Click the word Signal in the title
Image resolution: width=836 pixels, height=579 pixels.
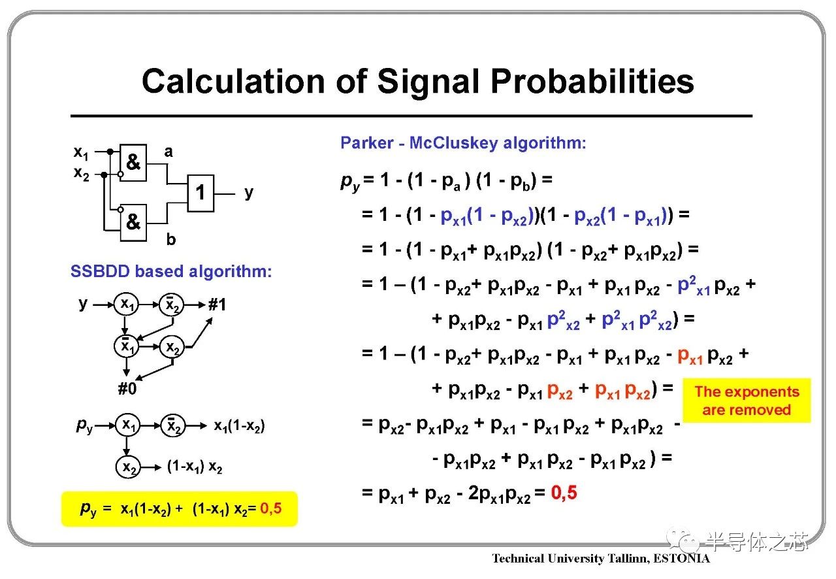click(x=429, y=82)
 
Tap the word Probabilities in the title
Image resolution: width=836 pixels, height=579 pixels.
click(x=592, y=81)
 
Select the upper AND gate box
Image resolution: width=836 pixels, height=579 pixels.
click(x=133, y=163)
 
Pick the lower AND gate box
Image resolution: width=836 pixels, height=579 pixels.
click(x=133, y=223)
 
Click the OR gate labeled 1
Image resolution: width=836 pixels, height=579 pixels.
click(x=201, y=193)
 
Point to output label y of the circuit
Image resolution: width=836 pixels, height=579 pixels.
click(x=249, y=193)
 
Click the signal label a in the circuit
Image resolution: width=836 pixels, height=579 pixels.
click(x=169, y=152)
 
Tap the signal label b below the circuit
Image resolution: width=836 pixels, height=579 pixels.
click(x=171, y=239)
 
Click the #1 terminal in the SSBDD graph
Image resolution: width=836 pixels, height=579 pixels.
click(x=217, y=305)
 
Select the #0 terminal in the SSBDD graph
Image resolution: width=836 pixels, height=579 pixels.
click(x=127, y=388)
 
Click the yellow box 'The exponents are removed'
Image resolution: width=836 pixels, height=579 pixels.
click(x=747, y=401)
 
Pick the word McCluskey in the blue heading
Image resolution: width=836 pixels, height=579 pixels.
click(x=453, y=142)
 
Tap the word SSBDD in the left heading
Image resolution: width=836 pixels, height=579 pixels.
click(x=100, y=271)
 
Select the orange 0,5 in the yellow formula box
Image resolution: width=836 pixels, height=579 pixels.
click(x=271, y=508)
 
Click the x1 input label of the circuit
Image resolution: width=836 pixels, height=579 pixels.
click(x=81, y=153)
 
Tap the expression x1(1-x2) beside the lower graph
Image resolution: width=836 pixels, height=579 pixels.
click(x=239, y=426)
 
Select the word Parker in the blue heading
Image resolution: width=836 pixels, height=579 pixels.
click(x=367, y=142)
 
